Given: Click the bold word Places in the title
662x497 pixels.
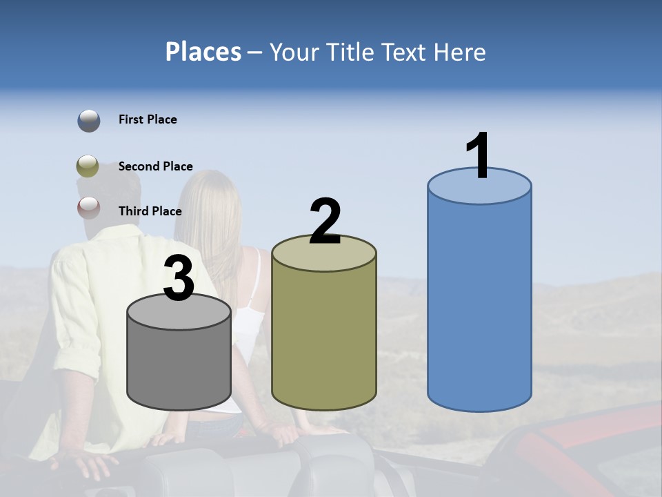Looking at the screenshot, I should point(203,52).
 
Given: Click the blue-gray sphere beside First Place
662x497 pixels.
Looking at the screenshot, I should point(88,121).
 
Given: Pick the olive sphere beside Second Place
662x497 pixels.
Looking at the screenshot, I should point(88,166).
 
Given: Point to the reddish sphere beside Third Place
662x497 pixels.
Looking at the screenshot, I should point(88,207).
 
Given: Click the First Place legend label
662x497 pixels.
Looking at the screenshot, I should point(148,119).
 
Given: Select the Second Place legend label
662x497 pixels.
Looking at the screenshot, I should point(156,166).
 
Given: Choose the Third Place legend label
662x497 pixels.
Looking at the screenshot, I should point(150,211).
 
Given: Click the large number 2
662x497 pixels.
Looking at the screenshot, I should point(325,222).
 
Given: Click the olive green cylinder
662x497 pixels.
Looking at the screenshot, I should point(324,338).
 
